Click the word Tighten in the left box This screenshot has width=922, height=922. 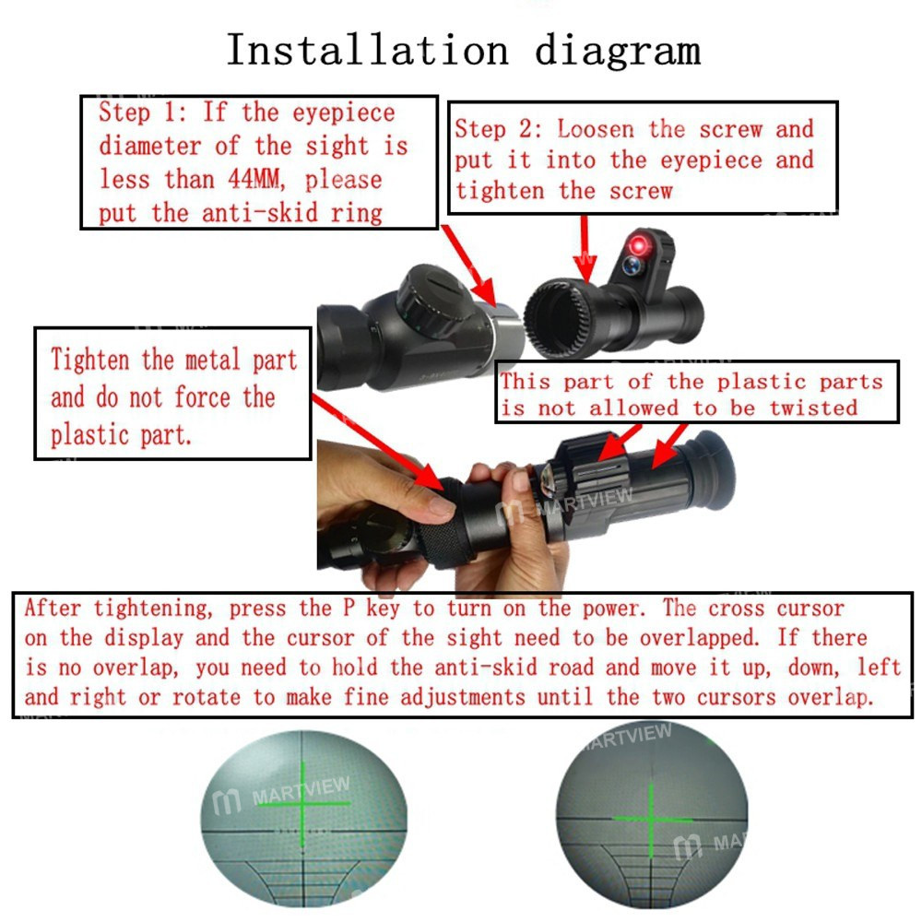(x=91, y=361)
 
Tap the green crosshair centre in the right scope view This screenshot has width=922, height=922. (x=651, y=817)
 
